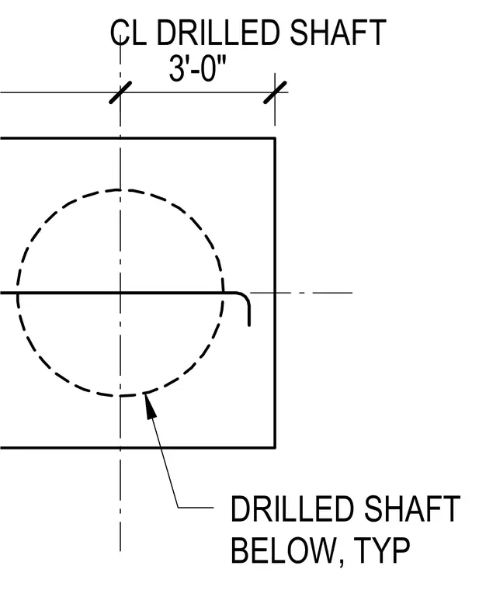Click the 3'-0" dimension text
pos(197,68)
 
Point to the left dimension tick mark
pos(120,92)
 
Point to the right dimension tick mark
pos(275,92)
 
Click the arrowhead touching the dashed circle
pos(150,405)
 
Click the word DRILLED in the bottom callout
pos(293,508)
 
